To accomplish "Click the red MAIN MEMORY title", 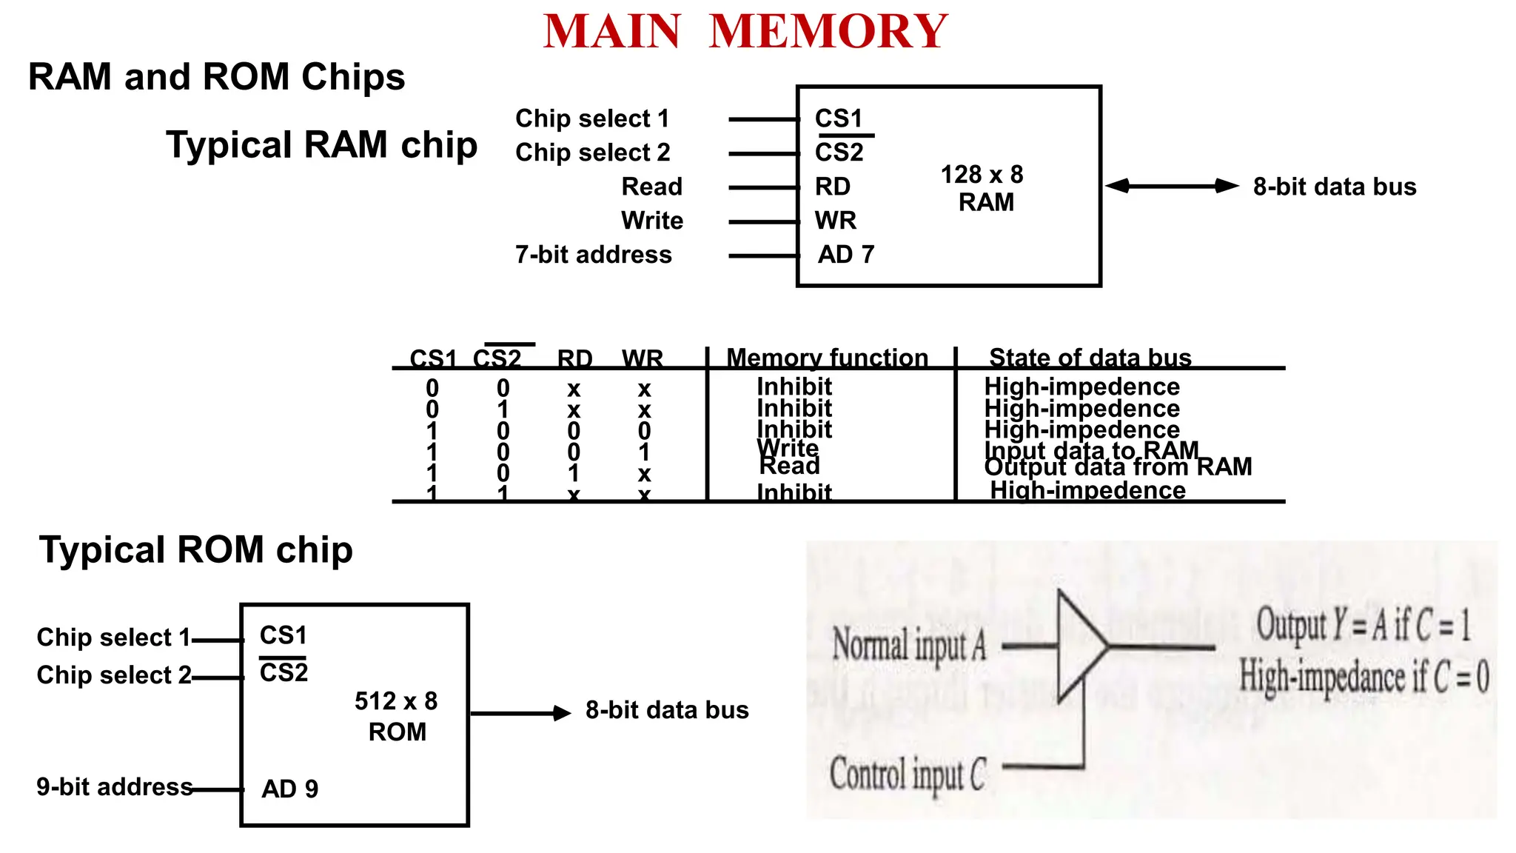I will (x=745, y=31).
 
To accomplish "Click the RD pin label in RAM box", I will (x=833, y=187).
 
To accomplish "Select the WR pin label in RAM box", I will (x=835, y=221).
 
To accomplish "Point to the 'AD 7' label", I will (x=845, y=255).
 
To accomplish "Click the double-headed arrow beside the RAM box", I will (x=1172, y=186).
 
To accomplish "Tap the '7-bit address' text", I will (x=594, y=255).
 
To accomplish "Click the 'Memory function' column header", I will (x=827, y=358).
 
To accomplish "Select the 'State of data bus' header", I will (x=1090, y=358).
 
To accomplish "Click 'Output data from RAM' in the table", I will (x=1118, y=467).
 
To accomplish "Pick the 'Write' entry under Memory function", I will (x=788, y=448).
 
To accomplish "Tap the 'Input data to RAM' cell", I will (x=1091, y=449).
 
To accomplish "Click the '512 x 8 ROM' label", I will (x=396, y=716).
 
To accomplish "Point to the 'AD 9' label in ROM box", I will (x=289, y=789).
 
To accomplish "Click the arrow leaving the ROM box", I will (x=520, y=713).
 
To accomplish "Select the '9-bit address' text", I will (x=115, y=786).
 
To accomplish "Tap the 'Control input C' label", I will (x=908, y=775).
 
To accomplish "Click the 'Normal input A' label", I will (x=909, y=644).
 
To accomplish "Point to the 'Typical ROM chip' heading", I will (x=195, y=550).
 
